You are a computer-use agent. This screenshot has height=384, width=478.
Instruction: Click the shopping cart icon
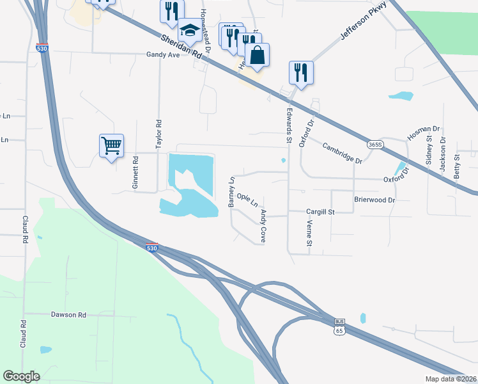(111, 147)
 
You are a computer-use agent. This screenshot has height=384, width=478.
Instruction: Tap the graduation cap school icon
(189, 30)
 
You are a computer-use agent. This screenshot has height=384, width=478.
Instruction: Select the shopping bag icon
(257, 56)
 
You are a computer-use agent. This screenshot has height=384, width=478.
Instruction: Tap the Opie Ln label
(247, 200)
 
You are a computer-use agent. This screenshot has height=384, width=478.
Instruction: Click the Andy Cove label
(263, 226)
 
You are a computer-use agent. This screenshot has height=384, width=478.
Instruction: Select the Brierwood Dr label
(375, 200)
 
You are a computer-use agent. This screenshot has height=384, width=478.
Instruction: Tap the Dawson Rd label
(68, 315)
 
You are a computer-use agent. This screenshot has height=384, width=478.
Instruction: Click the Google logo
(21, 376)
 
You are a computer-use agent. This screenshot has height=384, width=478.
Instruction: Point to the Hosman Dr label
(424, 133)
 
